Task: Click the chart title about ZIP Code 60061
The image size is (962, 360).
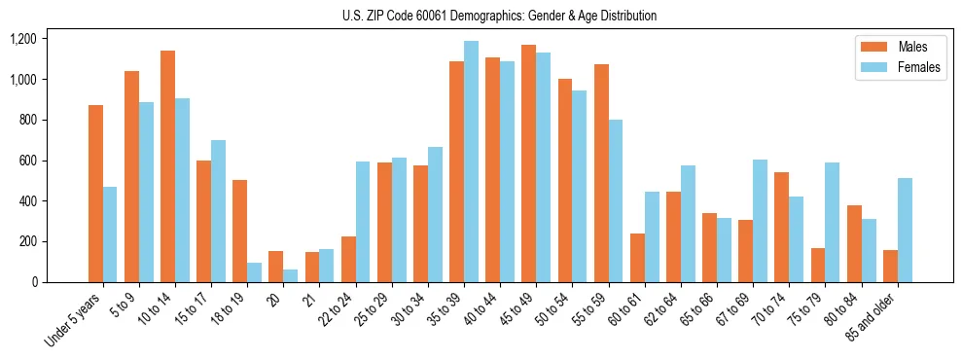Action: click(x=499, y=16)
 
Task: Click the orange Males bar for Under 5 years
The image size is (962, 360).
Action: click(x=95, y=194)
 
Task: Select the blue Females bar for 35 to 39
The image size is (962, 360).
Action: click(x=472, y=162)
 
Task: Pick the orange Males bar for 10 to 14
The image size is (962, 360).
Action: click(x=168, y=166)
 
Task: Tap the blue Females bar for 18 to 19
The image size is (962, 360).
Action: click(x=255, y=272)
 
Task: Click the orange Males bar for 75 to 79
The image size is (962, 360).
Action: click(x=818, y=265)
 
